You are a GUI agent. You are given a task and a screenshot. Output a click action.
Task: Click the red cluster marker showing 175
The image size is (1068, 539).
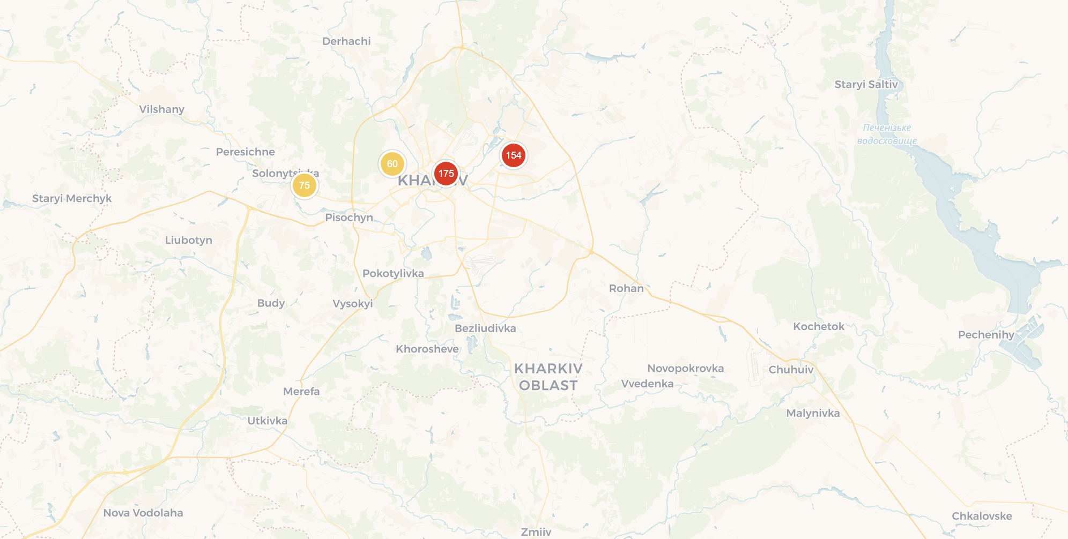click(446, 173)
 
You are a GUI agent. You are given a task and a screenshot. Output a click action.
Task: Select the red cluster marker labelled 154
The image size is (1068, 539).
click(513, 155)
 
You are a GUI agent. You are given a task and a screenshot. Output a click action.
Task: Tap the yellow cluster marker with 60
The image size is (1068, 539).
click(392, 163)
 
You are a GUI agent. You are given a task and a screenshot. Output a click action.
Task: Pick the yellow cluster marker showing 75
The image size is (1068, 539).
click(304, 185)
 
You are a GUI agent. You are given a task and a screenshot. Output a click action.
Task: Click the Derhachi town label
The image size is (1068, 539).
click(346, 41)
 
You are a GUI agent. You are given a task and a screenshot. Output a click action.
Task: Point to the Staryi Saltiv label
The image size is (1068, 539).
click(866, 84)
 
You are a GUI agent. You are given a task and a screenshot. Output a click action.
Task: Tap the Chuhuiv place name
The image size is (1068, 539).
click(791, 369)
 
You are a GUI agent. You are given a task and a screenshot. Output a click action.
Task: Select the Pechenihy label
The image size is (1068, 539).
click(986, 335)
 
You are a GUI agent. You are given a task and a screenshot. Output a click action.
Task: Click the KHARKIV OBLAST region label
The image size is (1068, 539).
click(548, 377)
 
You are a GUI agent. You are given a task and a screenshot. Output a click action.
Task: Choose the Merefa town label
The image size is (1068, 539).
click(301, 391)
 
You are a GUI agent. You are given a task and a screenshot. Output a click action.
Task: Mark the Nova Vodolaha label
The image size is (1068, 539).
click(143, 513)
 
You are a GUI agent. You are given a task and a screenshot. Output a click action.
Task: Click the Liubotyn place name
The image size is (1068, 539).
click(189, 240)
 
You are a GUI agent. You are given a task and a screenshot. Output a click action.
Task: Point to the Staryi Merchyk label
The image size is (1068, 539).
click(72, 198)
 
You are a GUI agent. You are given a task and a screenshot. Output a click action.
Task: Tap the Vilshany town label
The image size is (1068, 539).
click(161, 109)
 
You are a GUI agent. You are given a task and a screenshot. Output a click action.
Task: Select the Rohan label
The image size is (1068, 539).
click(626, 288)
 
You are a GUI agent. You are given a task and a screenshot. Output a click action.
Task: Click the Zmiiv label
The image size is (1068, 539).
click(536, 531)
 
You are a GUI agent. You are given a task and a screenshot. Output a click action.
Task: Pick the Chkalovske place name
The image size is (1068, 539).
click(982, 516)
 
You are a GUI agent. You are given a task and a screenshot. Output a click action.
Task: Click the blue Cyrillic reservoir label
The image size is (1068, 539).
click(887, 134)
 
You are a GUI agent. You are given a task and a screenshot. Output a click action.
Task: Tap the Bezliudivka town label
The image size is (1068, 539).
click(485, 328)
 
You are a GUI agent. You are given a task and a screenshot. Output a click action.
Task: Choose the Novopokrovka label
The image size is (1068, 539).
click(685, 368)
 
